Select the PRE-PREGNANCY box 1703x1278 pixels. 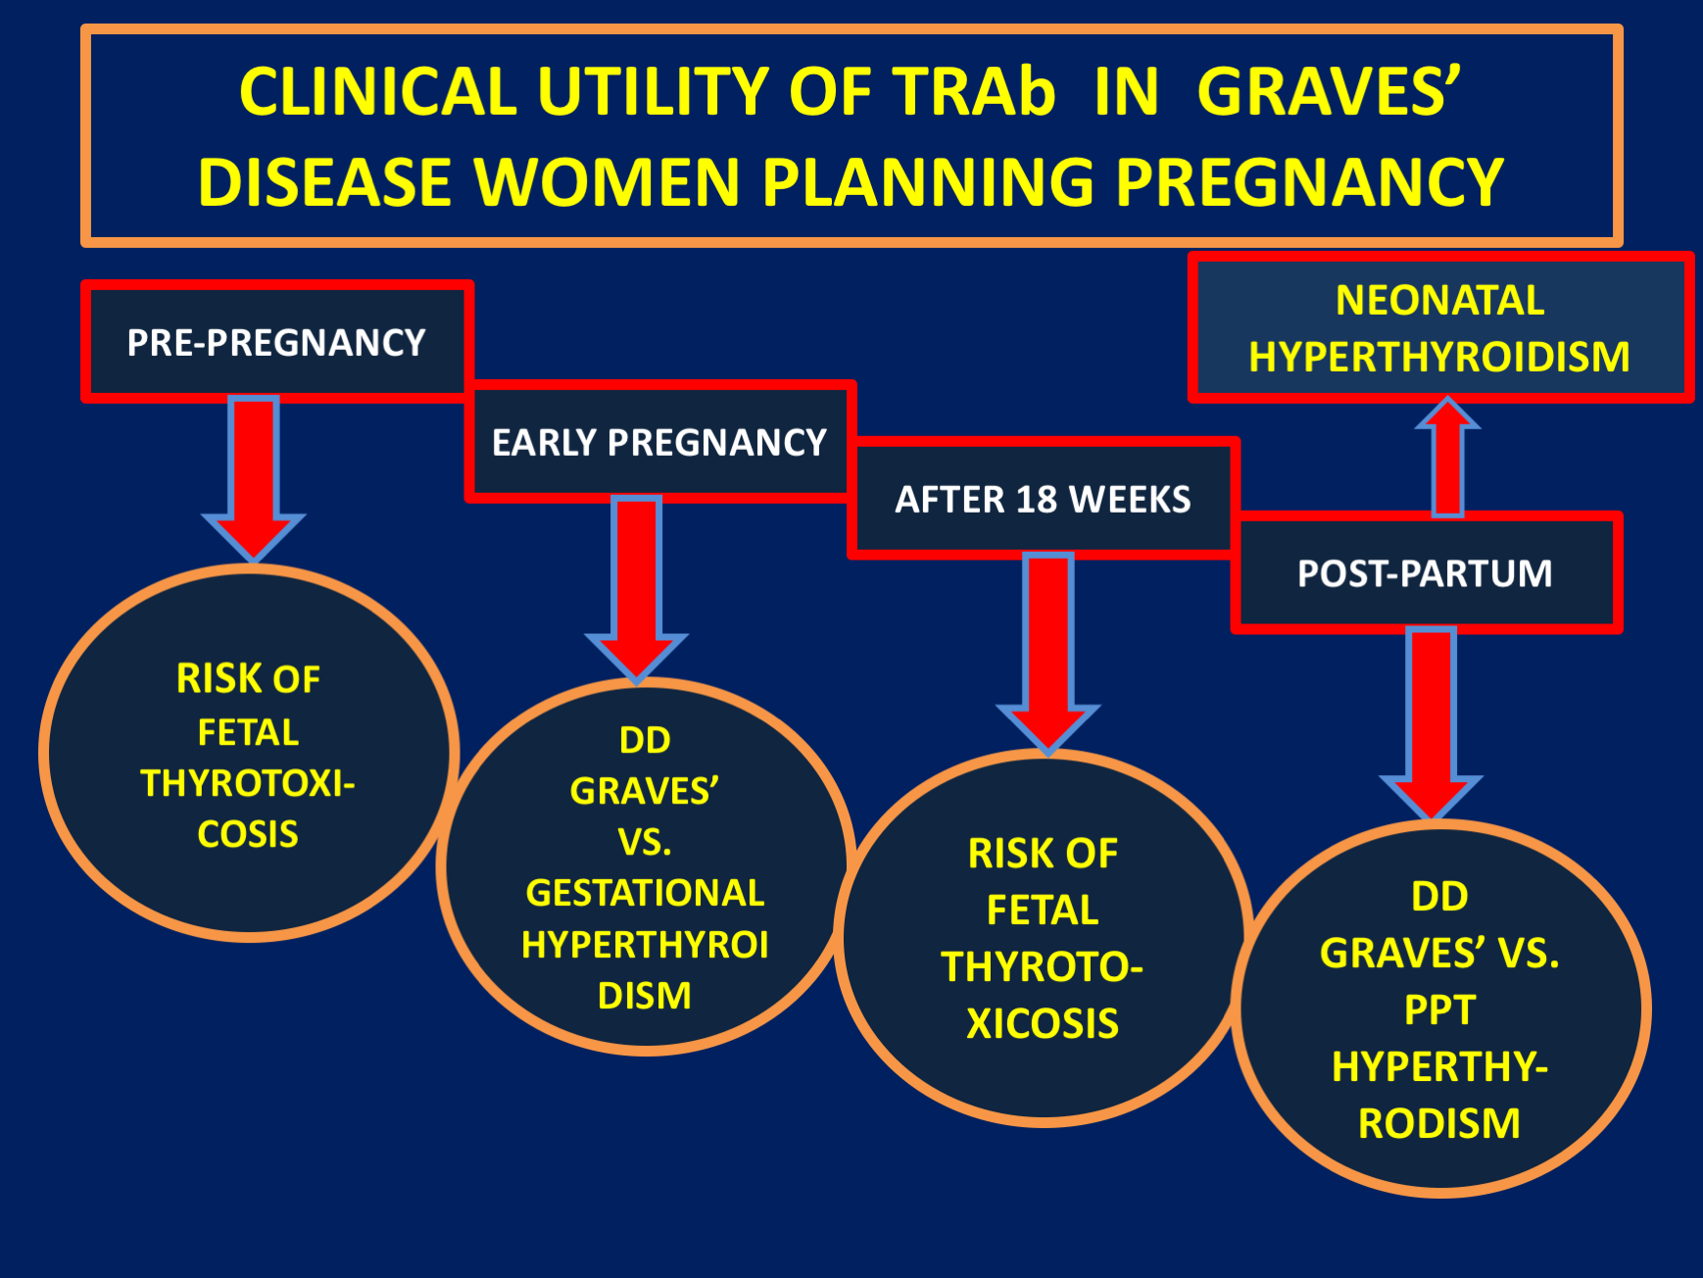pos(277,342)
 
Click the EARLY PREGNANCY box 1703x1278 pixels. pos(659,442)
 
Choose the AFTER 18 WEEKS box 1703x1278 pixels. pos(1043,499)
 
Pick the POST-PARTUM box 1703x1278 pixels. pos(1426,572)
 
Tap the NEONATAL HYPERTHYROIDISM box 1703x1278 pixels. pos(1440,328)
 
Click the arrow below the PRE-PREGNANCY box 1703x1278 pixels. pos(254,478)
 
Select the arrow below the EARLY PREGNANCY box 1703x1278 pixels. pos(637,589)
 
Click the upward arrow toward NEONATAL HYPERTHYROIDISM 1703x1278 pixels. pos(1448,457)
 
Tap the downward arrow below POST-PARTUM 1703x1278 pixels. pos(1432,723)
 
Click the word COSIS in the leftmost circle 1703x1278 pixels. pos(248,834)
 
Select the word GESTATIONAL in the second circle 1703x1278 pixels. pos(645,893)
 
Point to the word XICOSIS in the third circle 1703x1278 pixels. pos(1043,1023)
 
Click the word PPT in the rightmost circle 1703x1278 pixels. pos(1439,1009)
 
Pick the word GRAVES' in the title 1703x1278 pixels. pos(1329,92)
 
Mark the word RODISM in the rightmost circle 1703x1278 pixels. pos(1439,1123)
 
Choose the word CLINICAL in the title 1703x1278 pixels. pos(378,92)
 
